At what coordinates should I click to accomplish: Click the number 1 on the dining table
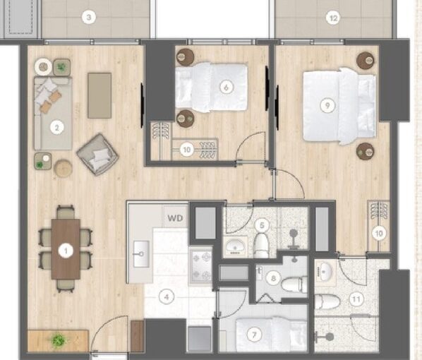pyautogui.click(x=67, y=250)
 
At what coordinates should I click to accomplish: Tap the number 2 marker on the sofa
pyautogui.click(x=56, y=128)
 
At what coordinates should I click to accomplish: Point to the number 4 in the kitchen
pyautogui.click(x=167, y=297)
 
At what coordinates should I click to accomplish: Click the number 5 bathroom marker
pyautogui.click(x=262, y=226)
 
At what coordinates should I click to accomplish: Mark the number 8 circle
pyautogui.click(x=273, y=278)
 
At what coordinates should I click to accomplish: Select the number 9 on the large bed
pyautogui.click(x=325, y=105)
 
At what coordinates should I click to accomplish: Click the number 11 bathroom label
pyautogui.click(x=356, y=299)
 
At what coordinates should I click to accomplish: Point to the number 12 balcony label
pyautogui.click(x=332, y=18)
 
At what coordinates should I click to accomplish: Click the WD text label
pyautogui.click(x=175, y=217)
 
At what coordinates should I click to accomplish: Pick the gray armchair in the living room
pyautogui.click(x=97, y=154)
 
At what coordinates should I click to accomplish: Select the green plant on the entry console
pyautogui.click(x=58, y=340)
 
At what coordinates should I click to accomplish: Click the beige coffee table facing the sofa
pyautogui.click(x=100, y=95)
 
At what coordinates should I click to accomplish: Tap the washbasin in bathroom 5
pyautogui.click(x=235, y=246)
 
